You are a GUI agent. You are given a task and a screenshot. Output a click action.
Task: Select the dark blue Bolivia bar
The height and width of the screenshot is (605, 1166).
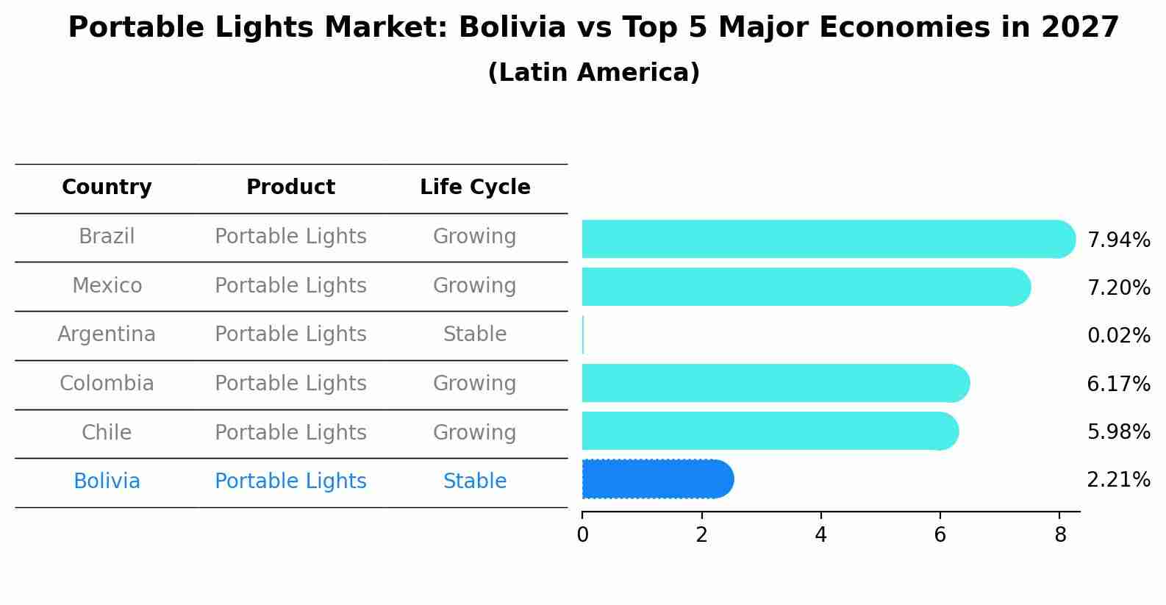point(657,479)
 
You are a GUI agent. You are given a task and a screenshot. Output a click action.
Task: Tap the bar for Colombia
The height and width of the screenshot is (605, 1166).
point(775,383)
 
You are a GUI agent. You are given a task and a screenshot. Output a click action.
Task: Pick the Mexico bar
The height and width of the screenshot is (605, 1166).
point(805,287)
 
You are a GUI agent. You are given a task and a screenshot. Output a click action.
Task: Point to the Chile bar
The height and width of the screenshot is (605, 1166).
point(769,431)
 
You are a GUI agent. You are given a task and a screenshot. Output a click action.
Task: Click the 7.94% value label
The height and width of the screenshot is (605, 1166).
point(1118,240)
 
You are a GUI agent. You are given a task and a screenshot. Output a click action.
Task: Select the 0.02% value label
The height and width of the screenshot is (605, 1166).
point(1118,336)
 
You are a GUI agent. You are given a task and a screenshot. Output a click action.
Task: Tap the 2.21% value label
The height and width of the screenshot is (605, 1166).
point(1118,480)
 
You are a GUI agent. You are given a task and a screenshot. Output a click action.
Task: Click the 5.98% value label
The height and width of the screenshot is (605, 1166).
point(1118,432)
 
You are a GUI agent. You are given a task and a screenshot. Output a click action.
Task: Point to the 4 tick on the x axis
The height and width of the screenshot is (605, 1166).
point(820,535)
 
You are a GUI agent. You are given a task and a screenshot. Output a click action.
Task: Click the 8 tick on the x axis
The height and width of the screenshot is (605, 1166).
point(1059,535)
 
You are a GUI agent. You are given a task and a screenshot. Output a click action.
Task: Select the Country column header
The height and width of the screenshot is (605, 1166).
point(107,187)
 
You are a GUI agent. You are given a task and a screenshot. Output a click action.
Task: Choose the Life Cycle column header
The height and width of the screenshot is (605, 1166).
point(475,187)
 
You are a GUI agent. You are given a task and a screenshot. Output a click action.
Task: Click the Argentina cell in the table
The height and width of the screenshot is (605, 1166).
point(107,334)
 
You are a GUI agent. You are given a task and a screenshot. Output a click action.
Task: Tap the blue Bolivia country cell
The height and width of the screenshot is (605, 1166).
point(107,482)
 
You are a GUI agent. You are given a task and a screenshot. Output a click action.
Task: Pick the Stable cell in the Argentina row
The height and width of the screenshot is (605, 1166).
point(475,334)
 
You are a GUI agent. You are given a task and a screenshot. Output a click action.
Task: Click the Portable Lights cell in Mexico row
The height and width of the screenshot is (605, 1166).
point(290,286)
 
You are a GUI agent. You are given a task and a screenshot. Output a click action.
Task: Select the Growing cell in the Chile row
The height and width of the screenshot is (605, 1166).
point(475,432)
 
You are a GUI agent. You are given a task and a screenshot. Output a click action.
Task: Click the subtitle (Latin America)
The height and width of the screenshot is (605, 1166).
point(593,73)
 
